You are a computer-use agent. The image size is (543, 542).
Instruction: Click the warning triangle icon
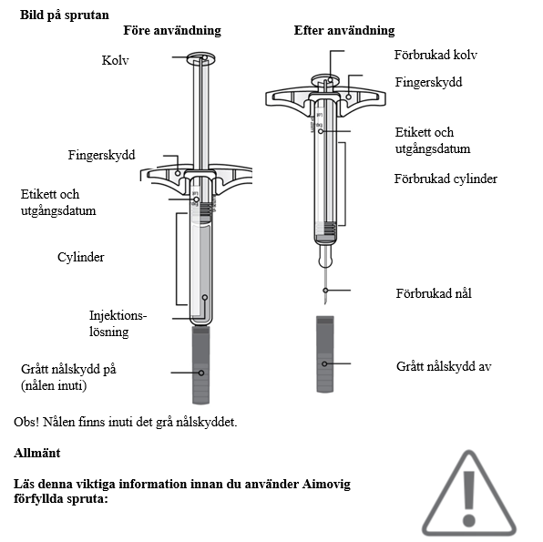[469, 495]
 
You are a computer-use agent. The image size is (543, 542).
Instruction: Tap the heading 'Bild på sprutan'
[65, 15]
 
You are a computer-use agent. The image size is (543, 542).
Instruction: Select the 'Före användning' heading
[172, 30]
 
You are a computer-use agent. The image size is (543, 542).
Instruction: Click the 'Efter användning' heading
[344, 30]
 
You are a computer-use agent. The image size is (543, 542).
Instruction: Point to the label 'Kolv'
[116, 60]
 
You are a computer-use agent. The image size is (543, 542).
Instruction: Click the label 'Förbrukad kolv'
[435, 55]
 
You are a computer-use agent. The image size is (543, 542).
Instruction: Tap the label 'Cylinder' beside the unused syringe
[81, 257]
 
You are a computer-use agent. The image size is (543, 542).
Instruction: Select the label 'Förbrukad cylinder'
[446, 179]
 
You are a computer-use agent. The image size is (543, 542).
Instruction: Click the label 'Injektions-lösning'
[118, 323]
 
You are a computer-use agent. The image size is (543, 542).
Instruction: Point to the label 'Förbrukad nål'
[434, 293]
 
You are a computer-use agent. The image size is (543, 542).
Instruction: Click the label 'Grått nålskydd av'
[444, 366]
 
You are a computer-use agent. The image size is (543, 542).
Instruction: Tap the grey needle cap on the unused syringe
[200, 364]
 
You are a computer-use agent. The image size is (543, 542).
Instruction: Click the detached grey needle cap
[325, 354]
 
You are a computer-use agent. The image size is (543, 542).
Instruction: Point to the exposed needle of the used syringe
[325, 286]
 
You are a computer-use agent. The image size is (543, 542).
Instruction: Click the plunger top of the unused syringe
[201, 58]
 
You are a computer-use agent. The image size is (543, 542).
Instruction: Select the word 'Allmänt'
[37, 453]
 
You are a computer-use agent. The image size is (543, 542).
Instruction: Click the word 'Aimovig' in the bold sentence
[326, 485]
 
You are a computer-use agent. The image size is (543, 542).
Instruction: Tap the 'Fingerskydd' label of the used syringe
[429, 82]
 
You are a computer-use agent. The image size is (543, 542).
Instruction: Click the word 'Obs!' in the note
[26, 422]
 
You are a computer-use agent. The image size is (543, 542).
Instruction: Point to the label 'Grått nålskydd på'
[68, 369]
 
